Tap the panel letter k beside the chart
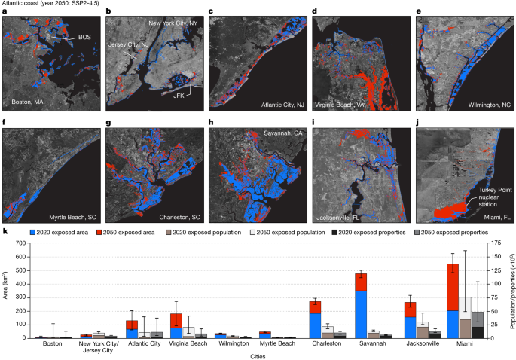click(x=5, y=238)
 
